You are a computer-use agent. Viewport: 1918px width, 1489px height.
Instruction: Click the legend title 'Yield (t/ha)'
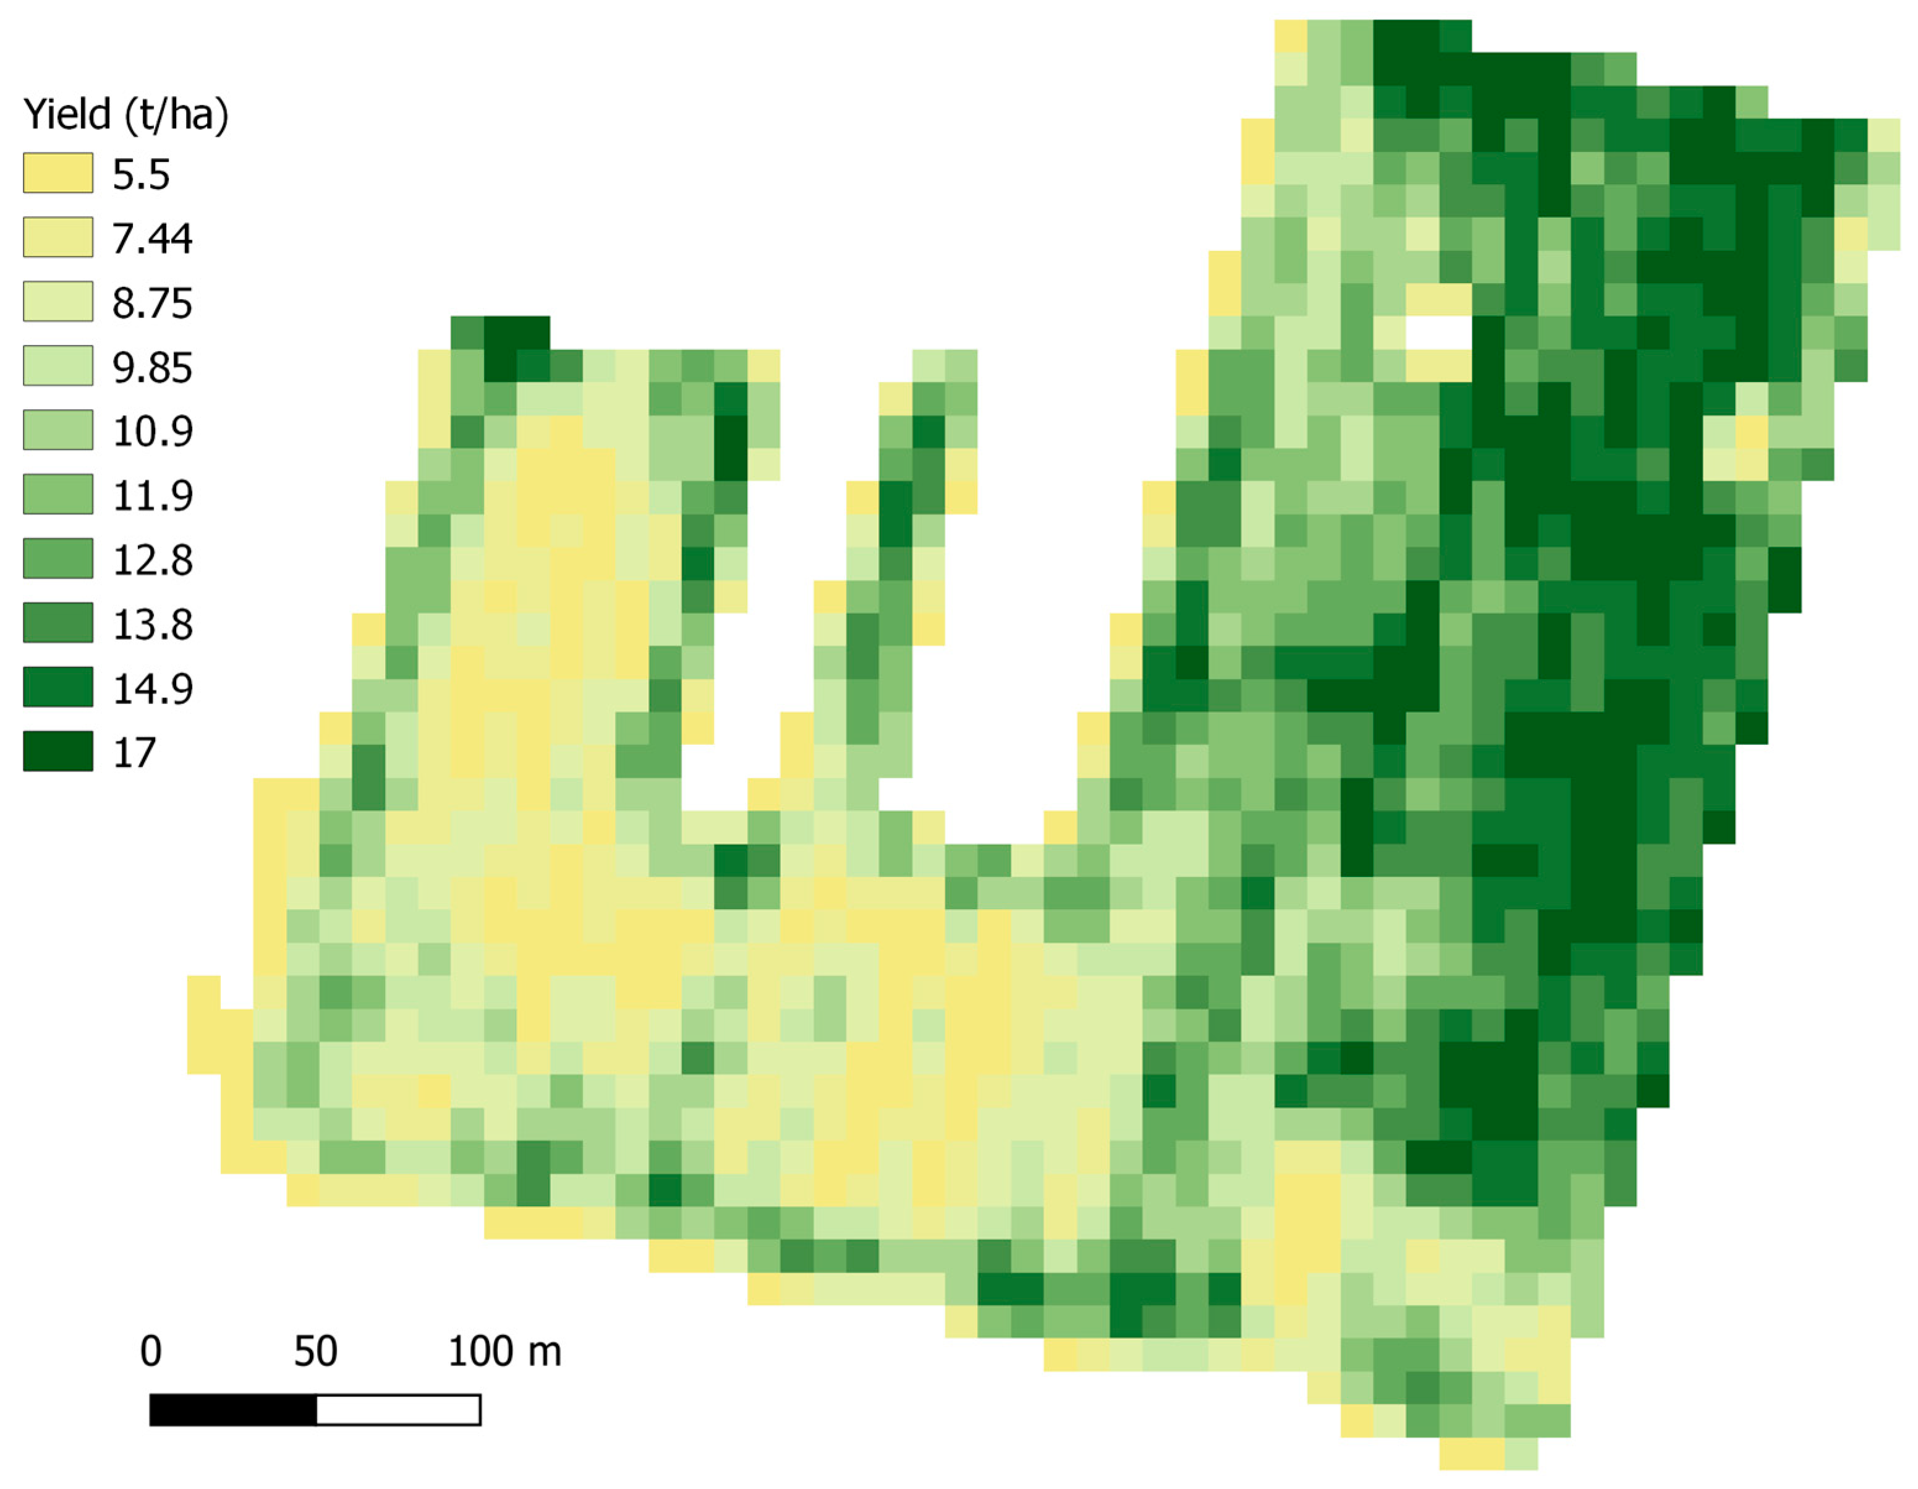coord(125,114)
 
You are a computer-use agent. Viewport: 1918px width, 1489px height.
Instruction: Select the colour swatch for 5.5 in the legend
coord(58,173)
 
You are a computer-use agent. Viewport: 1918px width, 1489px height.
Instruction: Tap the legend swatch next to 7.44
coord(58,237)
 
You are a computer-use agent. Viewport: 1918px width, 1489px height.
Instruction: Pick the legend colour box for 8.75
coord(58,301)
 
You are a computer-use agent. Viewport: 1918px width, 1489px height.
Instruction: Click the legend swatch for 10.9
coord(58,430)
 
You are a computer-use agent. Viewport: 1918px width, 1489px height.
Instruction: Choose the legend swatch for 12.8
coord(58,558)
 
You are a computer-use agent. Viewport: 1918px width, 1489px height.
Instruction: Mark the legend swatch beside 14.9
coord(58,687)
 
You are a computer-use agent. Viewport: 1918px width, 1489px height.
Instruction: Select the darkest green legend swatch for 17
coord(58,750)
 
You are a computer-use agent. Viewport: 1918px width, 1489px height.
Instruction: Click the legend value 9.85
coord(152,367)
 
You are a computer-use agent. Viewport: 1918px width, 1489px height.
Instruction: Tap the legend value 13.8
coord(152,624)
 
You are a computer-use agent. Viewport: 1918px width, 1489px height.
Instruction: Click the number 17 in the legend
coord(134,752)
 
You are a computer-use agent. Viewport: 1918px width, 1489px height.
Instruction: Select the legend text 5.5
coord(140,175)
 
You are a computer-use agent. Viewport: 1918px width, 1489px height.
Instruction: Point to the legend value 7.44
coord(152,239)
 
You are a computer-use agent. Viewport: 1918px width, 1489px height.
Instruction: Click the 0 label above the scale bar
coord(150,1351)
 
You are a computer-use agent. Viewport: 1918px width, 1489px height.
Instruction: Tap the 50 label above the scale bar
coord(315,1351)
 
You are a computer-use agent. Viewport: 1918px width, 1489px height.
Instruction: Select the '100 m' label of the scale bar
coord(504,1351)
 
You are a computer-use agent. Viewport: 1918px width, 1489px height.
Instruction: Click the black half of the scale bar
coord(233,1410)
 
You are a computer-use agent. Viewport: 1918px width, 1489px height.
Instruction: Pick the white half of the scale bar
coord(398,1410)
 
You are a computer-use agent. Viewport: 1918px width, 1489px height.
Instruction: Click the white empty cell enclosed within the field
coord(1438,333)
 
